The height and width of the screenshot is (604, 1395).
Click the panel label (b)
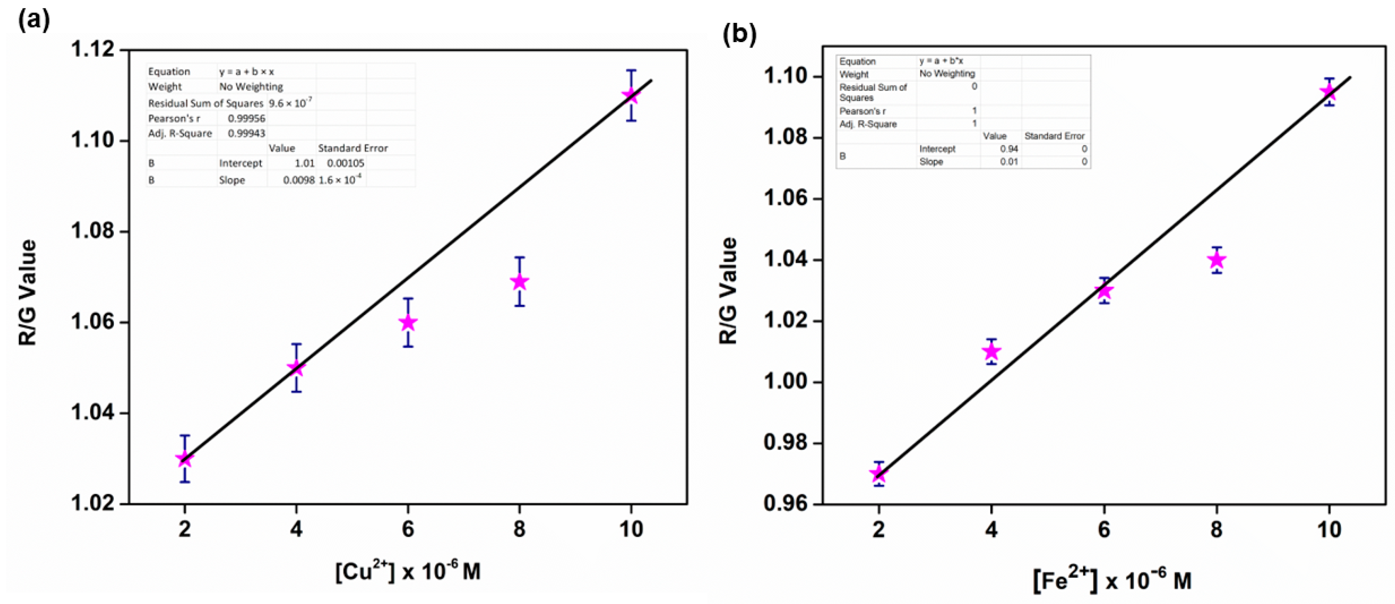(x=739, y=34)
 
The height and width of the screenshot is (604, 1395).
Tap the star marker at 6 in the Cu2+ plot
(x=408, y=323)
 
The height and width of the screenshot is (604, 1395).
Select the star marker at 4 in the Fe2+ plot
(x=991, y=352)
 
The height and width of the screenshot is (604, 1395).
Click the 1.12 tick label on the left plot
(x=93, y=50)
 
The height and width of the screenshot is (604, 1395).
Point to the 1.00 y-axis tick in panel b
(x=785, y=382)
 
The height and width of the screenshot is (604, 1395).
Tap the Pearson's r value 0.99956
(x=246, y=119)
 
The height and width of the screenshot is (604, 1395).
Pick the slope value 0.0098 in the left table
(x=298, y=180)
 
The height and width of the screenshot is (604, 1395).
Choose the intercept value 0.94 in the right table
(x=1009, y=149)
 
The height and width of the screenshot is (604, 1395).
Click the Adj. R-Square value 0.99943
(x=246, y=133)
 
